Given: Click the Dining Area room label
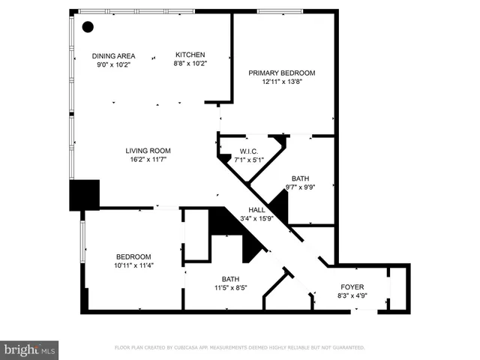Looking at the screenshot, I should [x=113, y=55].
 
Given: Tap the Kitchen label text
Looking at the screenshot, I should [x=190, y=55].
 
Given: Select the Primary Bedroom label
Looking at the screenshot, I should [x=282, y=73].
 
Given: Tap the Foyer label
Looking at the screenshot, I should [x=352, y=286].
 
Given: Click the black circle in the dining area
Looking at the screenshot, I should [x=88, y=27].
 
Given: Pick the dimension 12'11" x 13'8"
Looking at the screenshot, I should [x=282, y=82].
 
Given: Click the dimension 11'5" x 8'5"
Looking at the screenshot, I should [x=230, y=287].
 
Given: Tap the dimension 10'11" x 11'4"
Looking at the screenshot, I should [x=133, y=265].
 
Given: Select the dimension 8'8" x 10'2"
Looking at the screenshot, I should [x=190, y=64].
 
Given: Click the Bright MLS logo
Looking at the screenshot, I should [x=30, y=349].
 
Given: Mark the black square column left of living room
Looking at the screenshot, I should [x=85, y=195].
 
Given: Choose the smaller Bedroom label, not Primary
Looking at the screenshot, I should [x=133, y=256].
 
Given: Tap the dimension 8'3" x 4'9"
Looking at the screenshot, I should [x=352, y=295].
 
